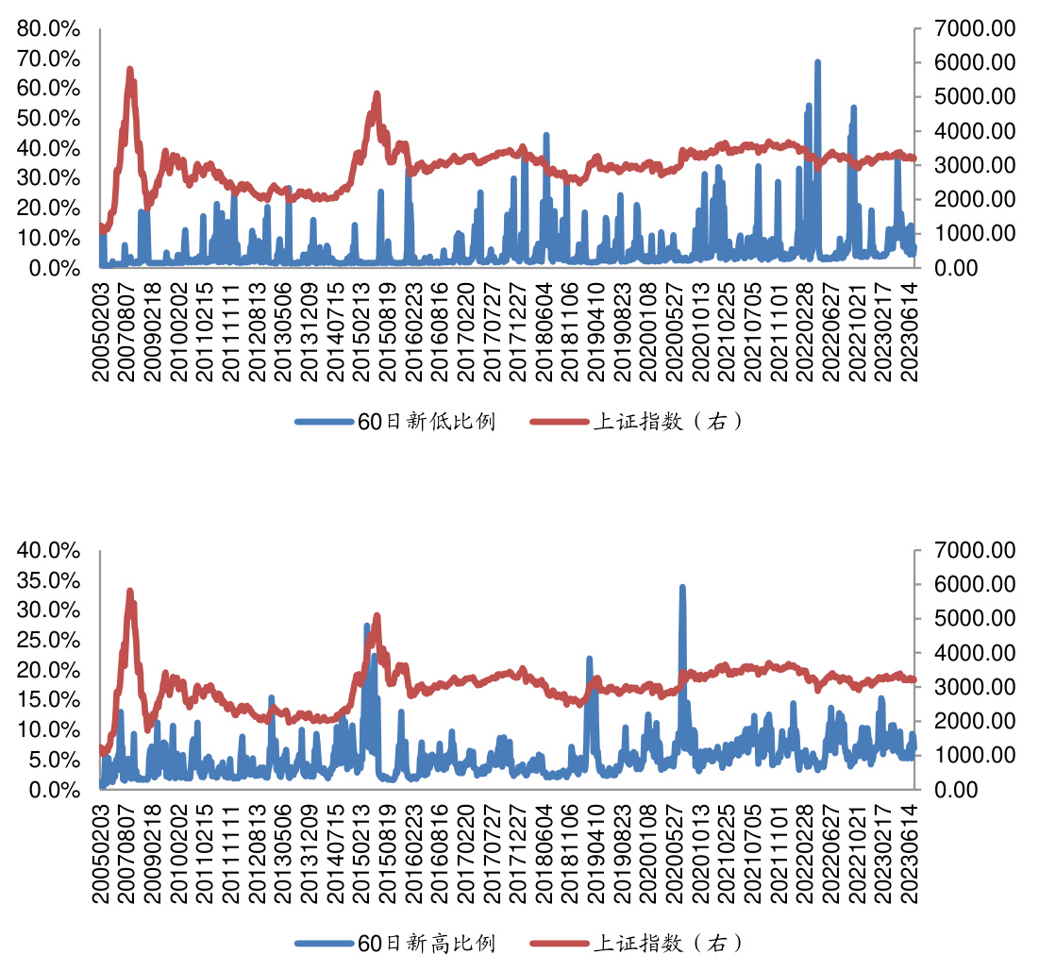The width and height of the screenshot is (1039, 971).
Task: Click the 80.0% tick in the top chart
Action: pos(48,28)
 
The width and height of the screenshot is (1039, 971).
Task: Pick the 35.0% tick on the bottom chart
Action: pos(48,580)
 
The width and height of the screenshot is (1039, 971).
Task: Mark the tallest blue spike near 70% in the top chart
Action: pos(817,62)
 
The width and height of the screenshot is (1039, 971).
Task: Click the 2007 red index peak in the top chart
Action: pos(130,70)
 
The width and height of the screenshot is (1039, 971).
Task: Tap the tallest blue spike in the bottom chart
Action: pos(682,587)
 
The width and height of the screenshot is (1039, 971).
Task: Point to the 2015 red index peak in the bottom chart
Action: pos(377,616)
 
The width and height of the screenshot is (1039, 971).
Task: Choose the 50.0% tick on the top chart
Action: pos(48,118)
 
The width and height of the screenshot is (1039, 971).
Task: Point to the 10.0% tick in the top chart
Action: pos(48,238)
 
